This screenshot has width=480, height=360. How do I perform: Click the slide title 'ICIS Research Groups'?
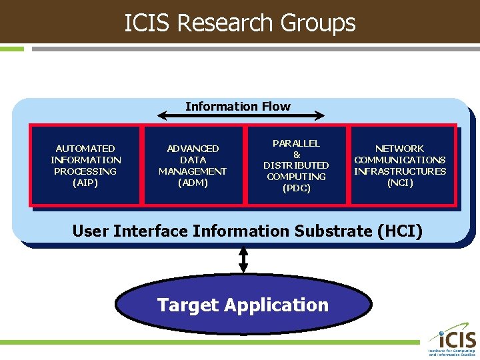(240, 23)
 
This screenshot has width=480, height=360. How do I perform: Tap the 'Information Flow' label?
(238, 107)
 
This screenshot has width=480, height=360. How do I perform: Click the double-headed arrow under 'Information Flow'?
(242, 117)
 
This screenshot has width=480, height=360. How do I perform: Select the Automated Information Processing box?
(85, 165)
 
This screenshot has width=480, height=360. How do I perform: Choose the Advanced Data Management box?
(193, 165)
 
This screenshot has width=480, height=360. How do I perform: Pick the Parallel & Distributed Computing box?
(297, 165)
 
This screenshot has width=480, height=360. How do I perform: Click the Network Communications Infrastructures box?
(400, 165)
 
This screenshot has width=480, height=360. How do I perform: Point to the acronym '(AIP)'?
(85, 183)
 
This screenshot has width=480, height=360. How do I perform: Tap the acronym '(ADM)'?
(193, 183)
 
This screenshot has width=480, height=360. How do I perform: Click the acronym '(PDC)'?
(297, 188)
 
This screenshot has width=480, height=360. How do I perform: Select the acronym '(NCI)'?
(400, 183)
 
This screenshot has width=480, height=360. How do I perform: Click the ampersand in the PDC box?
(297, 154)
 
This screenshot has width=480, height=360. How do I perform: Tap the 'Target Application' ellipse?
(243, 305)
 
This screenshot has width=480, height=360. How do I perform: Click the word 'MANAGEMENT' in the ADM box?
(193, 171)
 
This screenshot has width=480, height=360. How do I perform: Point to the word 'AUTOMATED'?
(85, 149)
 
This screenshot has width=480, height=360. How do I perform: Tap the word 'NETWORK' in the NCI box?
(400, 149)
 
